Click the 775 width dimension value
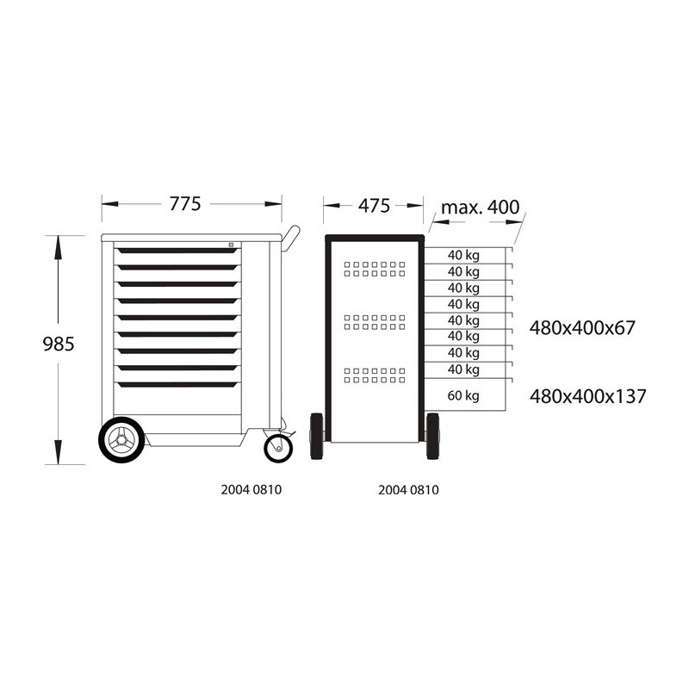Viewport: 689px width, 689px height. (185, 204)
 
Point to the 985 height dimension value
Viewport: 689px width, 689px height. (59, 344)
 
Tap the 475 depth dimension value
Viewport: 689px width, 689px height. (374, 206)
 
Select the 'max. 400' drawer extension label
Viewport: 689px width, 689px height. (480, 208)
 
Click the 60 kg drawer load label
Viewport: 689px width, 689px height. (463, 396)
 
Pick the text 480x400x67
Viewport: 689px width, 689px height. (582, 328)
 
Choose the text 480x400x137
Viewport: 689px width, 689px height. (587, 396)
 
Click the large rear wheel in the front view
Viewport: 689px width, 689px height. (121, 440)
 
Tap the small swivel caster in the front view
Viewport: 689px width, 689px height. (278, 448)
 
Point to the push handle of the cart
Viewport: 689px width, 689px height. (291, 238)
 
